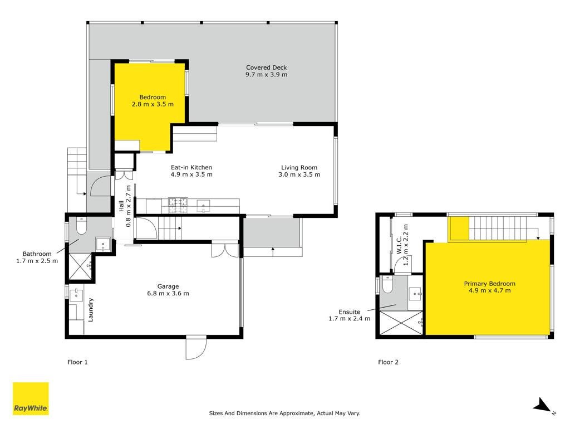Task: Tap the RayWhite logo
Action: point(31,398)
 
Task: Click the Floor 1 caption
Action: point(77,362)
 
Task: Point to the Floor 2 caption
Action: point(388,362)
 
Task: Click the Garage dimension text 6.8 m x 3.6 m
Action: point(168,293)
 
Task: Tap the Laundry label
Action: point(91,310)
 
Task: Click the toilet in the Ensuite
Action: point(387,284)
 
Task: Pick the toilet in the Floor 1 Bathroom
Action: point(81,226)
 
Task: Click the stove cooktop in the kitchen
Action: point(178,205)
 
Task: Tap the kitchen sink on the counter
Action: point(203,206)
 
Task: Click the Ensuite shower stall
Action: point(401,323)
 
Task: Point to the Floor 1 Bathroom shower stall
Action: point(80,267)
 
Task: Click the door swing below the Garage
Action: point(196,348)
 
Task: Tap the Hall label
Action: point(121,206)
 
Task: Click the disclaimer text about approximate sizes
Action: point(284,413)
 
